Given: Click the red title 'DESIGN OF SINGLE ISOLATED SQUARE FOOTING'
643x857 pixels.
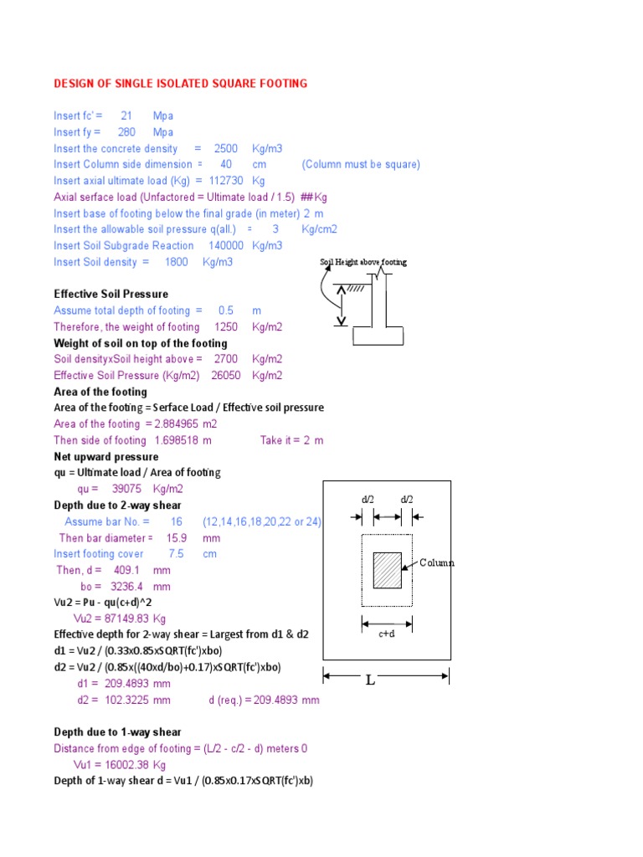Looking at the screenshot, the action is (x=181, y=84).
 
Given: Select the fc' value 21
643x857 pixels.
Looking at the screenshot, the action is (x=126, y=115).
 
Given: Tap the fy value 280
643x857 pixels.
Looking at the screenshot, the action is (x=130, y=132).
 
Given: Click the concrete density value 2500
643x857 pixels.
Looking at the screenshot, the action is (x=225, y=148).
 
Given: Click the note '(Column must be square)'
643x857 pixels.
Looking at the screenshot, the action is (x=361, y=165).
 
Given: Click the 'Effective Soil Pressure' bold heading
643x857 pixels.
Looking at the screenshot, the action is (x=111, y=295).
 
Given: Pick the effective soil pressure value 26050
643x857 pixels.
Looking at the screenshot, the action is (x=225, y=376).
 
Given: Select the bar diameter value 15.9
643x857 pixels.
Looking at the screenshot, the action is (x=177, y=538).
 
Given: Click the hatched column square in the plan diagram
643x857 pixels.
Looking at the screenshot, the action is (x=387, y=571).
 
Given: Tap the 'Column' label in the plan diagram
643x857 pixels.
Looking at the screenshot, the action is (x=437, y=563).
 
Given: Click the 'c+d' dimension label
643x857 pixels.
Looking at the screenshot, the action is (x=386, y=634).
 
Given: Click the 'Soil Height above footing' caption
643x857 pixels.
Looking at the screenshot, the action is (x=363, y=262).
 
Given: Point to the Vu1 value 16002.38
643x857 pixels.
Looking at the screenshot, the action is (x=128, y=765).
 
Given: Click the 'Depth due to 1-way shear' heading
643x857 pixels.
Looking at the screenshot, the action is (x=118, y=732).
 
